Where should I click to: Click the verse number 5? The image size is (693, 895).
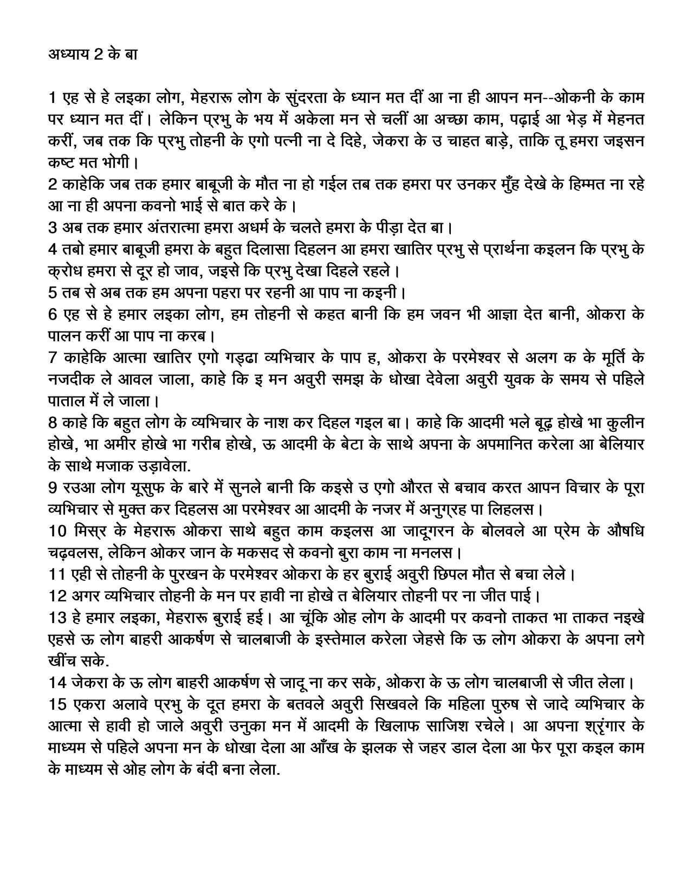click(53, 293)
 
